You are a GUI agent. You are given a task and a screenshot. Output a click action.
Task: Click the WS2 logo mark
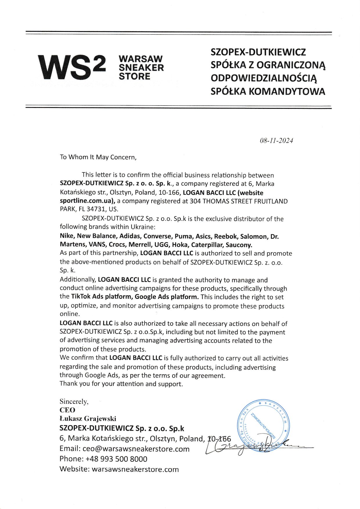(72, 67)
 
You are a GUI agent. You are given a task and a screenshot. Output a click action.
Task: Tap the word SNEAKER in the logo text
(141, 68)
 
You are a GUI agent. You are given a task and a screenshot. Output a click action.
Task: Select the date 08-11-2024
(276, 141)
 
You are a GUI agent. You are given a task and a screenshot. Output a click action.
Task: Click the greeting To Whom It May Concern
(98, 157)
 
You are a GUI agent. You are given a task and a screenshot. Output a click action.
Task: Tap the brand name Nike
(67, 236)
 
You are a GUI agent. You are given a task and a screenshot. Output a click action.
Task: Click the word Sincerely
(74, 402)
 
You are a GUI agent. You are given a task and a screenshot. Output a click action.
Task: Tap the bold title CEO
(67, 410)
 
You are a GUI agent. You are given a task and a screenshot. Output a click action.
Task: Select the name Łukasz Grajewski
(88, 418)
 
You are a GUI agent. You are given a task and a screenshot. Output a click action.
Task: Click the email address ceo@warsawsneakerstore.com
(136, 449)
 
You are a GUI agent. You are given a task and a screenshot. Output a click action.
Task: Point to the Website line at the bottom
(119, 469)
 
